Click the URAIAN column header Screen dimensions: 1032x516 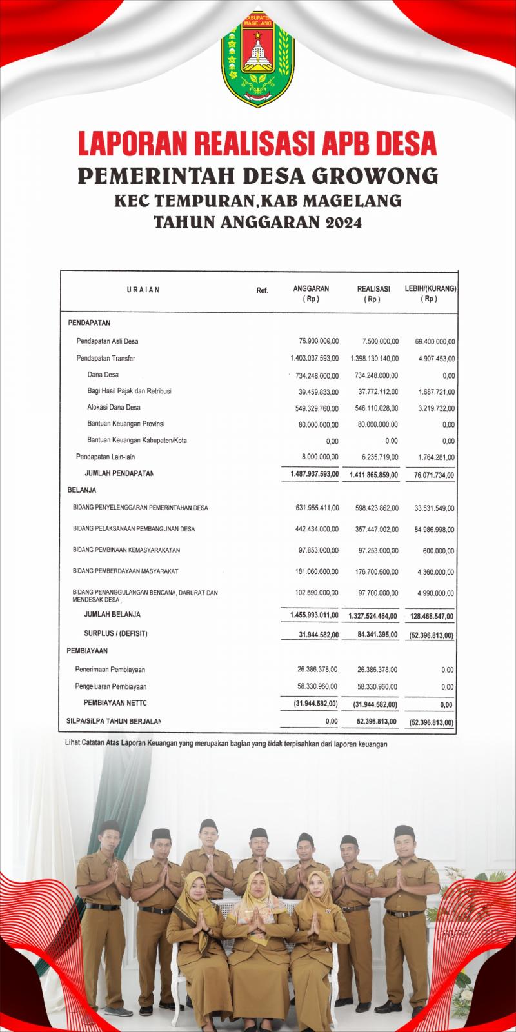click(143, 290)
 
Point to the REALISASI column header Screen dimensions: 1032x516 click(373, 289)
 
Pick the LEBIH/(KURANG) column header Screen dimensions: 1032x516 click(430, 289)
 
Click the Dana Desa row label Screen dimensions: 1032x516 click(103, 375)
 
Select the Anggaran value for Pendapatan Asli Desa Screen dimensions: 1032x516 click(315, 341)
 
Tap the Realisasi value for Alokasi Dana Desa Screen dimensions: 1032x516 click(377, 408)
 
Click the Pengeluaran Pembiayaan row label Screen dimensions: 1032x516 click(111, 687)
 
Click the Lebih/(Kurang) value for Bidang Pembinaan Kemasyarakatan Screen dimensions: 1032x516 click(439, 551)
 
